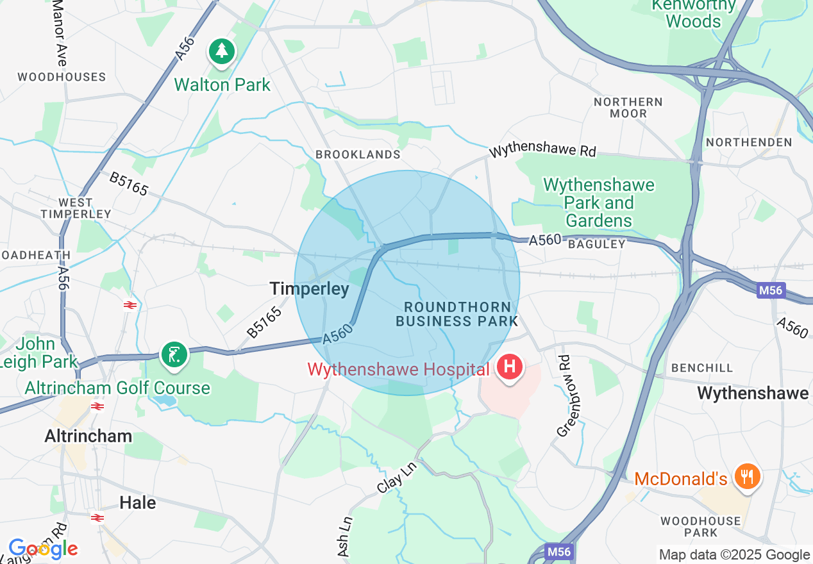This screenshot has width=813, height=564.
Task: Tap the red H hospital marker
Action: click(510, 368)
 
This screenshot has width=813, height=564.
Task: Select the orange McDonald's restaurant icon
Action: click(746, 476)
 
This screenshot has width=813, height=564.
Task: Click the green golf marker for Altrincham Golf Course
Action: click(174, 354)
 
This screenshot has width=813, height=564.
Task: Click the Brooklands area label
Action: click(358, 154)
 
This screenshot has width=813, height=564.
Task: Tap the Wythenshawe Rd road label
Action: click(542, 151)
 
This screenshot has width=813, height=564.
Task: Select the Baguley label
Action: click(596, 244)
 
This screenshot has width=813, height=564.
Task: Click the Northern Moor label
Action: click(628, 107)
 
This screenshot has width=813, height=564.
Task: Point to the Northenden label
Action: click(748, 142)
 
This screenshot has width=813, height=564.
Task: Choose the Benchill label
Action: click(701, 368)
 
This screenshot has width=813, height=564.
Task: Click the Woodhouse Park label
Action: click(701, 527)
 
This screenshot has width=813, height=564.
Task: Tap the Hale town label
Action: click(138, 502)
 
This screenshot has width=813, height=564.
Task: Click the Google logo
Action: click(43, 549)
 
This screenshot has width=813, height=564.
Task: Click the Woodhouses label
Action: click(62, 77)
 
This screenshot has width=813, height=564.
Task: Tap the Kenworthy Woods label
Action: click(693, 13)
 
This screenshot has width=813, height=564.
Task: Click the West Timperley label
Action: click(76, 208)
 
